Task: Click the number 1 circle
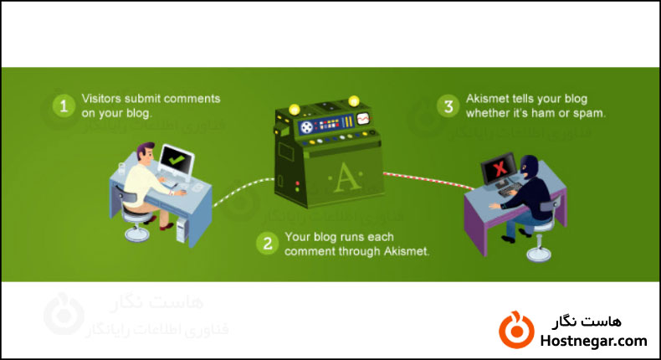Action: pos(63,106)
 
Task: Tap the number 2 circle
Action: pos(267,244)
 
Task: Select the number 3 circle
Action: pos(449,106)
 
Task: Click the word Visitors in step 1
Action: pos(100,99)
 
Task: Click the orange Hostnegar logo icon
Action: pos(515,329)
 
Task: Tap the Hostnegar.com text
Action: pos(595,340)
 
